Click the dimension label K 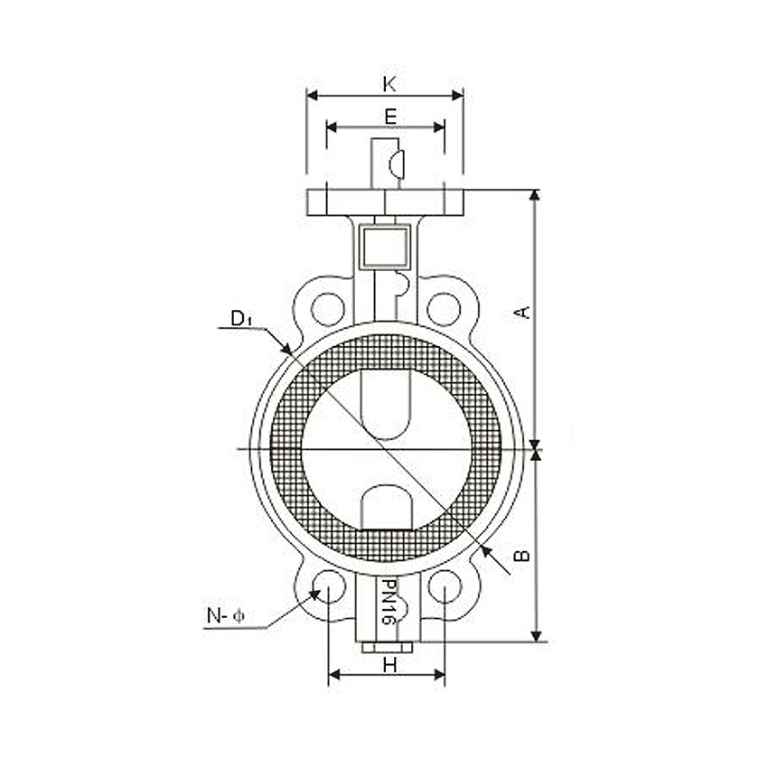pyautogui.click(x=389, y=84)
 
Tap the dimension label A pyautogui.click(x=521, y=312)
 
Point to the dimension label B pyautogui.click(x=521, y=555)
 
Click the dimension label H pyautogui.click(x=389, y=664)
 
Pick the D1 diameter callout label pyautogui.click(x=240, y=318)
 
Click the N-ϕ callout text pyautogui.click(x=225, y=617)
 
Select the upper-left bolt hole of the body pyautogui.click(x=327, y=309)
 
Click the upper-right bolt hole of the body pyautogui.click(x=443, y=309)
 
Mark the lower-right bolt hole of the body pyautogui.click(x=444, y=586)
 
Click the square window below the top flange pyautogui.click(x=386, y=246)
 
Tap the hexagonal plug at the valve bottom pyautogui.click(x=387, y=647)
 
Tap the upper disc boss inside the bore pyautogui.click(x=386, y=403)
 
